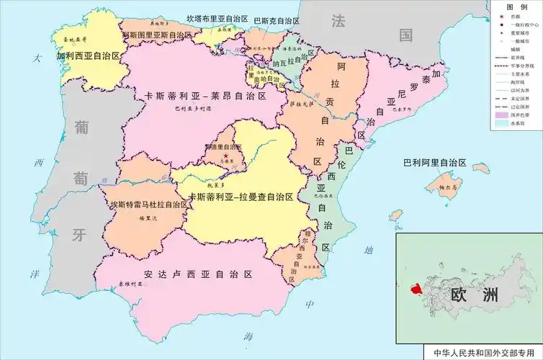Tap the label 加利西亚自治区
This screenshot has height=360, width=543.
point(89,55)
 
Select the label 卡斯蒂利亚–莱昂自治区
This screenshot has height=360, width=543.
point(206,96)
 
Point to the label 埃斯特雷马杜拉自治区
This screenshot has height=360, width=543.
point(148,204)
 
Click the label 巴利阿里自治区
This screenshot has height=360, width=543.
point(434,163)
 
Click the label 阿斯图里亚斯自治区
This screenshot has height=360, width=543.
point(158,35)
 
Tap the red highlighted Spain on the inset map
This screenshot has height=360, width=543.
point(416,289)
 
